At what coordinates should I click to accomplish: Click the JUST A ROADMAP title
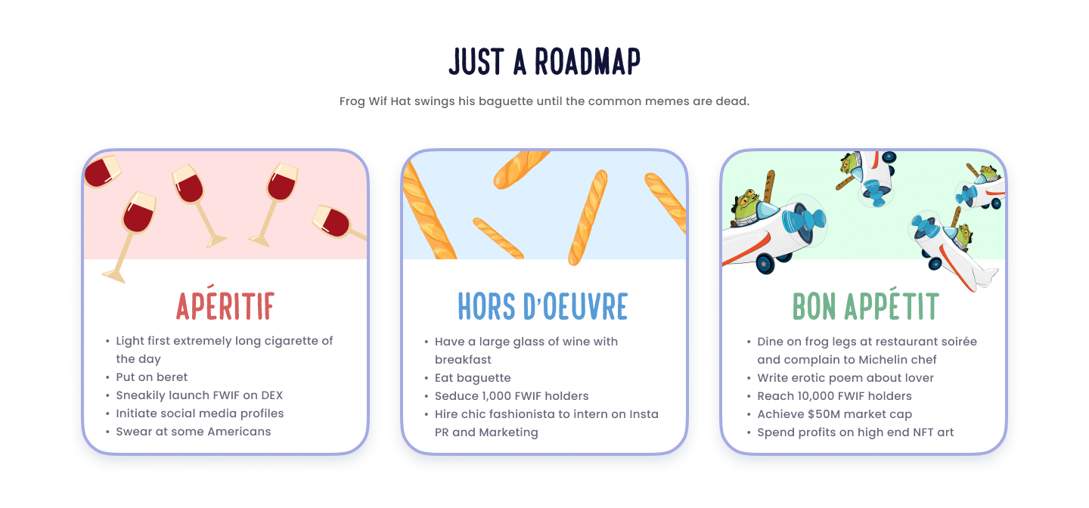[544, 62]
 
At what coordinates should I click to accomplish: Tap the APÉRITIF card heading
[225, 306]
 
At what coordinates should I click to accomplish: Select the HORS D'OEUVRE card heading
[543, 306]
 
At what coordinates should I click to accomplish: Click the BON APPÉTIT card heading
[865, 306]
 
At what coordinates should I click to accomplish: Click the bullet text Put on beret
[151, 377]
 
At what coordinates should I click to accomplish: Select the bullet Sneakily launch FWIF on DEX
[199, 395]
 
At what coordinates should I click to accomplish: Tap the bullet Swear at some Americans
[193, 432]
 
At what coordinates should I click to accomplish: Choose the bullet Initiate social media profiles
[200, 414]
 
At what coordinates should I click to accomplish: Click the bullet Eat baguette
[473, 378]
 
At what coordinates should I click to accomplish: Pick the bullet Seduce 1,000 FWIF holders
[511, 396]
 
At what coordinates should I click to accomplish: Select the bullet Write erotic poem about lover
[845, 378]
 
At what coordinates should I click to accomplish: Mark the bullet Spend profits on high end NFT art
[855, 432]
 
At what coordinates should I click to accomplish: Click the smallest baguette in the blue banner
[498, 237]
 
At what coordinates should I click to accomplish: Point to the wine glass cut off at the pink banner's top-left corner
[101, 171]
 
